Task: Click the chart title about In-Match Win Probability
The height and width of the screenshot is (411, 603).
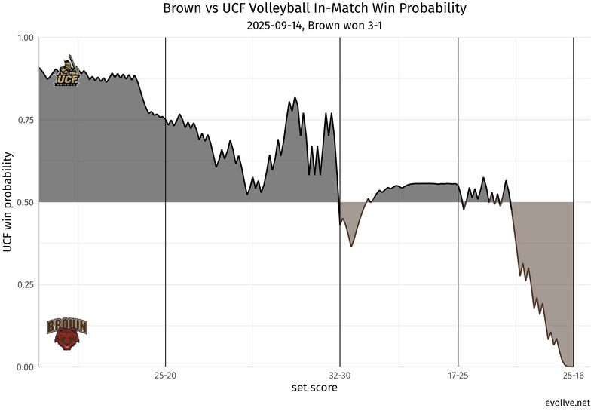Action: click(314, 9)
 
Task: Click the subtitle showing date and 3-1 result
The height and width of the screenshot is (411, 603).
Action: click(314, 25)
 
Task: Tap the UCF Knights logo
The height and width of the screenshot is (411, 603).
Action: click(68, 72)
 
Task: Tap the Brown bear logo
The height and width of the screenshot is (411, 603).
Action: click(67, 333)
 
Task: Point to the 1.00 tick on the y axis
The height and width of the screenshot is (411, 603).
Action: click(25, 38)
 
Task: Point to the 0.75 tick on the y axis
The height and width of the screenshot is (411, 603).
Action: click(25, 120)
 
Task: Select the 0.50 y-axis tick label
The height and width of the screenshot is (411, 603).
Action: click(25, 202)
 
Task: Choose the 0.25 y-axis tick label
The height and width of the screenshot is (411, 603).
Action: click(25, 284)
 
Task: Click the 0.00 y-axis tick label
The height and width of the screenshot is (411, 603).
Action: click(25, 367)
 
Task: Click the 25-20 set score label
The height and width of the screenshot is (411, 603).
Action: click(165, 375)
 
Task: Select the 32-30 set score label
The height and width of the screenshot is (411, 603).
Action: click(340, 375)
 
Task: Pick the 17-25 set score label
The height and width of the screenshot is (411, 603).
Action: click(458, 375)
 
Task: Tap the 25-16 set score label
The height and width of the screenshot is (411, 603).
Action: click(574, 375)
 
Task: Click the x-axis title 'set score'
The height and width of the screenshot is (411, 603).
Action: click(314, 388)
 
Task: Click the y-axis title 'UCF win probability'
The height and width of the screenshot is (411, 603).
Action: click(8, 202)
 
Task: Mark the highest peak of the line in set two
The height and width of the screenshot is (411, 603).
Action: click(295, 97)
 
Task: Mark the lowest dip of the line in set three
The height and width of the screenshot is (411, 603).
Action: click(351, 247)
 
